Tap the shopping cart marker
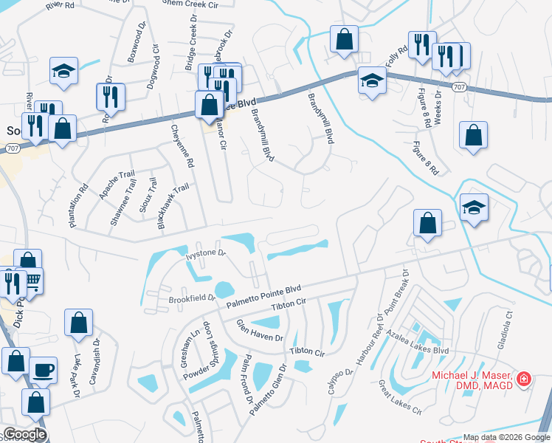(x=32, y=281)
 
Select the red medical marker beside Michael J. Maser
(x=524, y=379)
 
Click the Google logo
(x=24, y=435)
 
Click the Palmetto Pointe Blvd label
(x=265, y=295)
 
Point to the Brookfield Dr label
(x=191, y=299)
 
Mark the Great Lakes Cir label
(x=399, y=396)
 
